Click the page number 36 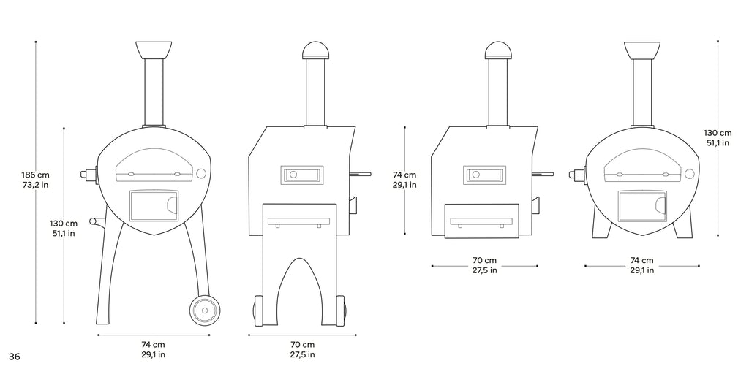pos(15,357)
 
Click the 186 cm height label pos(35,175)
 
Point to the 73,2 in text pos(35,185)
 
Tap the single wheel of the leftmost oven pos(205,310)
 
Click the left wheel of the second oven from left pos(258,311)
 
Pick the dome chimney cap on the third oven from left pos(498,50)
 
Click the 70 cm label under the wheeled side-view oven pos(302,345)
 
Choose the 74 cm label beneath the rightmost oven pos(641,261)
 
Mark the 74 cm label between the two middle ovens pos(404,175)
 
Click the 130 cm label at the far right pos(718,133)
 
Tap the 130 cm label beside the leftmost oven pos(64,224)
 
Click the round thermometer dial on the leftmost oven pos(201,173)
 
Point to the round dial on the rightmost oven pos(689,173)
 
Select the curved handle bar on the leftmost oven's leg pos(98,223)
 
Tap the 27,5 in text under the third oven pos(484,270)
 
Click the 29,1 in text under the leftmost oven pos(154,354)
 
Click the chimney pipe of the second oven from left pos(315,93)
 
